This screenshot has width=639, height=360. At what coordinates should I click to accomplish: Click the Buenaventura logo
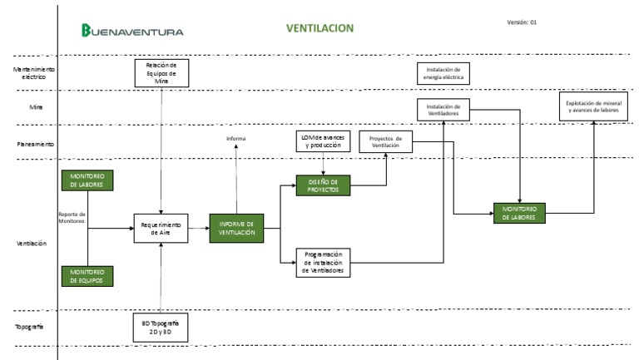[132, 31]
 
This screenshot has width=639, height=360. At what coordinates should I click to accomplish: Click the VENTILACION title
[320, 27]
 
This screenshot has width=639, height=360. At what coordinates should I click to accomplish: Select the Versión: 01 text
[522, 22]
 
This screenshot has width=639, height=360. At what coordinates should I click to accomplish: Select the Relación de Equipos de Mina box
[161, 72]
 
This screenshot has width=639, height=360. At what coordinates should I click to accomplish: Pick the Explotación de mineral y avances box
[594, 106]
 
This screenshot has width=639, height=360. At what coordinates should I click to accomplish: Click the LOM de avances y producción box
[324, 140]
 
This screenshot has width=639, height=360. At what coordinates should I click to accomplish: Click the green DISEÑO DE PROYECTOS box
[323, 185]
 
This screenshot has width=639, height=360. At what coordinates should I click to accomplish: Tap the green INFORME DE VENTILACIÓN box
[236, 227]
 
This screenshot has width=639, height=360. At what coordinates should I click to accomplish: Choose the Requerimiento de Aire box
[161, 227]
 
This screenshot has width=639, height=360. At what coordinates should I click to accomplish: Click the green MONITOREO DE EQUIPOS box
[87, 275]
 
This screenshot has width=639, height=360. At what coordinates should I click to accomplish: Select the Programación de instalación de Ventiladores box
[324, 262]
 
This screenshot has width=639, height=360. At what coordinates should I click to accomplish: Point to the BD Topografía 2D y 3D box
[161, 326]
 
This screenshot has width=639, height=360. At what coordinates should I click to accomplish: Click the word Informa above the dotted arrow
[236, 138]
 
